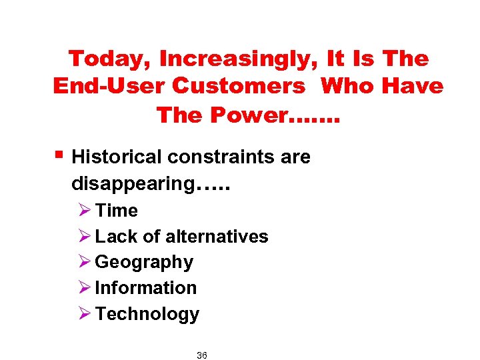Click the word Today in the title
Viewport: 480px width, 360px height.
[109, 59]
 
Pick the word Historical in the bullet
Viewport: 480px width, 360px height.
[117, 157]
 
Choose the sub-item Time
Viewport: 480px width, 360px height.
[117, 211]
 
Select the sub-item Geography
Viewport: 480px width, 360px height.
[144, 263]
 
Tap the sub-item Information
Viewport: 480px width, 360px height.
[146, 288]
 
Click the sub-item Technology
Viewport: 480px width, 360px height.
[147, 314]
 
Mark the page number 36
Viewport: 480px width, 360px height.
[202, 356]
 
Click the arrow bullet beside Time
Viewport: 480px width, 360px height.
[84, 211]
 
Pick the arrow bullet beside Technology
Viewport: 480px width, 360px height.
[84, 314]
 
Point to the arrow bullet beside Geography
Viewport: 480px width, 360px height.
[84, 263]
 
